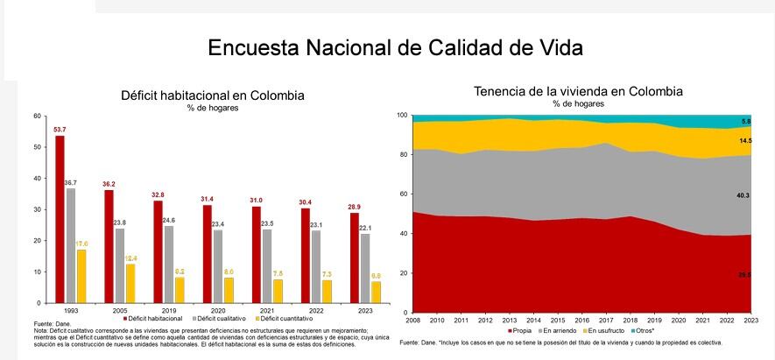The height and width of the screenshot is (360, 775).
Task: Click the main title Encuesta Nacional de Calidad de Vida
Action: click(395, 46)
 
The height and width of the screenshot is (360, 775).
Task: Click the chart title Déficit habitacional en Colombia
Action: click(212, 95)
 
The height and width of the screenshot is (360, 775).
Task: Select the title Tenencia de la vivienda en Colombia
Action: click(578, 91)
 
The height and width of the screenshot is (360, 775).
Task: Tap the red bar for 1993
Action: click(60, 219)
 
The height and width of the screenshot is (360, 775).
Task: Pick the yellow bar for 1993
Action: click(81, 276)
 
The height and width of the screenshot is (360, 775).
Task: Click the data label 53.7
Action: click(60, 129)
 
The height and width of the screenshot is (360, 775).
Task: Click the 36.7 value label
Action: click(71, 182)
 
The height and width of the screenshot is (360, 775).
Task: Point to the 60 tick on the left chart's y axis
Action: click(37, 115)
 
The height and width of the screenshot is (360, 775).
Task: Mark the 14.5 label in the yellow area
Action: click(745, 141)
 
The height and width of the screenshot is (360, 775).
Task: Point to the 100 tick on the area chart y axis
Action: click(403, 116)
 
